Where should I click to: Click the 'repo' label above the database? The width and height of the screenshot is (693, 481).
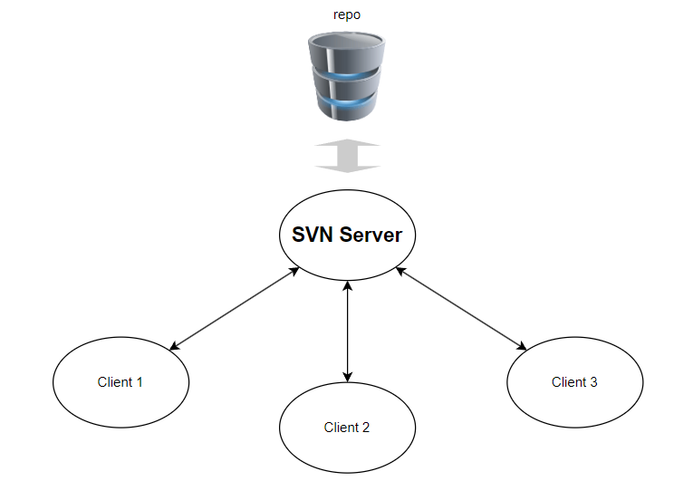[347, 15]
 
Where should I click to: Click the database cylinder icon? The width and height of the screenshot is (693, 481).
[348, 77]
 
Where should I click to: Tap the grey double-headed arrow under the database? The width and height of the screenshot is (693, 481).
[348, 156]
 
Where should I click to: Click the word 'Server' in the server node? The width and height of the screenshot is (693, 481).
[374, 235]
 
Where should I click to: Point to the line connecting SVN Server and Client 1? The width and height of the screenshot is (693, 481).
[236, 308]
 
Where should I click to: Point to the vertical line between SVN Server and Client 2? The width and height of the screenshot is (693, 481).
[348, 331]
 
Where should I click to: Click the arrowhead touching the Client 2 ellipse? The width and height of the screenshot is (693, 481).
[348, 376]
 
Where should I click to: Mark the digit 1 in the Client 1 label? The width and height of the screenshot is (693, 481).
[140, 382]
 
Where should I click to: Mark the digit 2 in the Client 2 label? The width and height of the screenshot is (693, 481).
[366, 428]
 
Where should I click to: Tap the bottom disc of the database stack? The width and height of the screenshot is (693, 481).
[348, 107]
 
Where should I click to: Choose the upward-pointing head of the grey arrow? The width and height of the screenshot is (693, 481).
[348, 146]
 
